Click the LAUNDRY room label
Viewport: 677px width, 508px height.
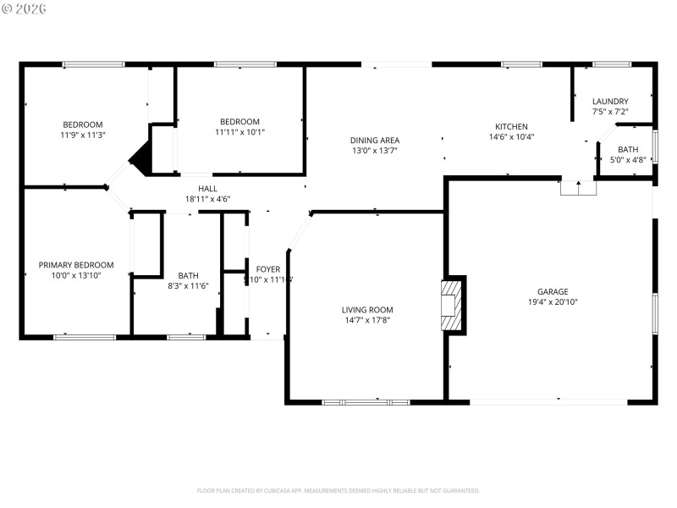(x=609, y=102)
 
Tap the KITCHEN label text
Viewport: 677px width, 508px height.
(x=511, y=125)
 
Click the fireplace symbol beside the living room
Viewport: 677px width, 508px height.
(x=454, y=305)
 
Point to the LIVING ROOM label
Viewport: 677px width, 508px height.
(x=367, y=310)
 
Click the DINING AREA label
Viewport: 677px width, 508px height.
(x=375, y=141)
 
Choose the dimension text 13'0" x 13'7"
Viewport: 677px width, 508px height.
(x=375, y=151)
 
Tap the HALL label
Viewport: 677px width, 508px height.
(x=207, y=189)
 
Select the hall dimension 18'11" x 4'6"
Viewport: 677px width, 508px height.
(x=207, y=199)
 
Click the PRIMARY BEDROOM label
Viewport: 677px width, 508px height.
(x=76, y=265)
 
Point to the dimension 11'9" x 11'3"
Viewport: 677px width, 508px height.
(x=82, y=135)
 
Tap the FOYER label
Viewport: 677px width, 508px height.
(x=268, y=269)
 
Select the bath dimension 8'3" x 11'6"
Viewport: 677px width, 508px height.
(x=188, y=285)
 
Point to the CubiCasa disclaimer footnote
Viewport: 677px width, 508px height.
(x=338, y=490)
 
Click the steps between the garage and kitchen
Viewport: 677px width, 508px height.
(x=579, y=188)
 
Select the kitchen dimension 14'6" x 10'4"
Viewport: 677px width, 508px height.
(x=511, y=136)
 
